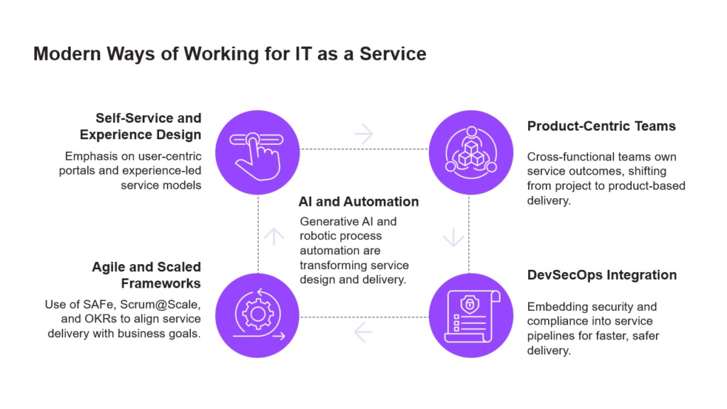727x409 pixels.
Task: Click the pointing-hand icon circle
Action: click(257, 148)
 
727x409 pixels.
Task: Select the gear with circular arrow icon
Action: click(257, 314)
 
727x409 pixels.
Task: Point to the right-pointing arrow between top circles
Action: click(364, 133)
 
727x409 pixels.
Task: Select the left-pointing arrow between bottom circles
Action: click(363, 330)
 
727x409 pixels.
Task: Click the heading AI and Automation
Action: click(359, 202)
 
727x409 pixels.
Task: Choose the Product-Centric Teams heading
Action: click(601, 126)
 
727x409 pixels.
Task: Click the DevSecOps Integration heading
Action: click(601, 275)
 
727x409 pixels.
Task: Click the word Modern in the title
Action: click(67, 54)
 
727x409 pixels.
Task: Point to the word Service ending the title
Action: click(393, 54)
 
